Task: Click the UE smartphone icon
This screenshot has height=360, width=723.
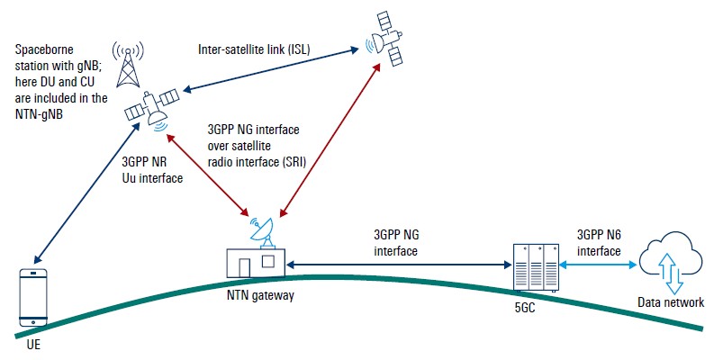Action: click(x=34, y=296)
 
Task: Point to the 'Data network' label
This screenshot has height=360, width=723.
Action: click(x=670, y=302)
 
